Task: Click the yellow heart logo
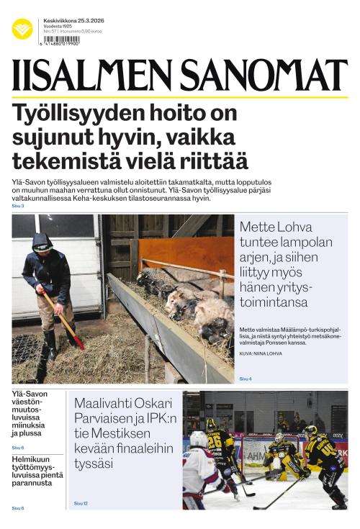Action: [x=22, y=29]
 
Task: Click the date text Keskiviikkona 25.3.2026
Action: [x=73, y=20]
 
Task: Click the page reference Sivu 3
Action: [x=18, y=207]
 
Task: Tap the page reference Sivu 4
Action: [x=246, y=379]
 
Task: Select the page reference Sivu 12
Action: [x=81, y=503]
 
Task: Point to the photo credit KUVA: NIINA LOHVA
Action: [x=261, y=353]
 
